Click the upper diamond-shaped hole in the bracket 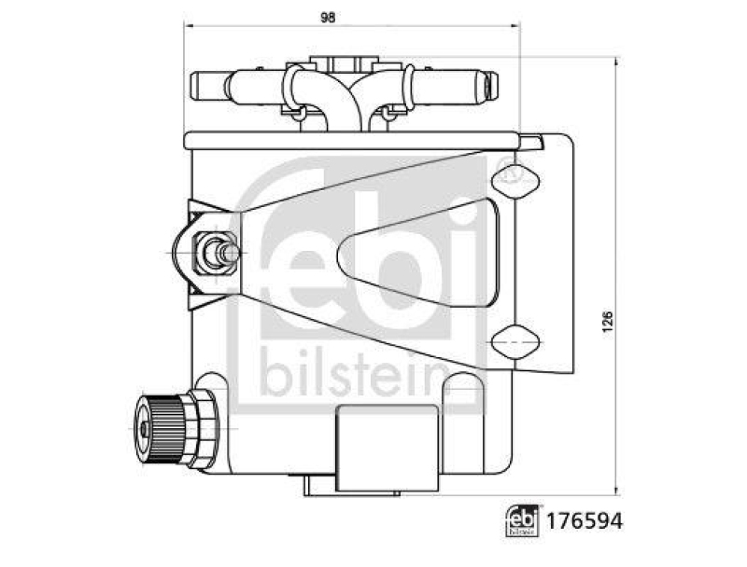(x=513, y=179)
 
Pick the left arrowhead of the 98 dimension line (x=188, y=27)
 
